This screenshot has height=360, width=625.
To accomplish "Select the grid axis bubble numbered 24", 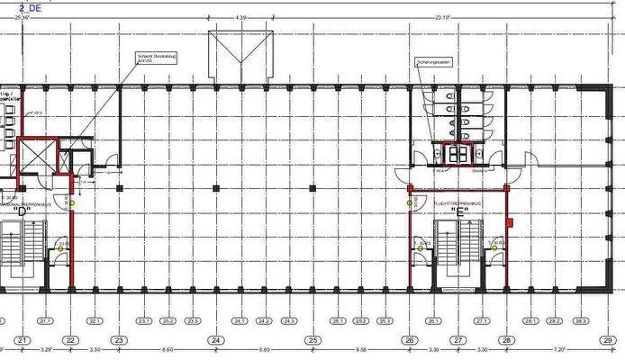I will [x=215, y=340].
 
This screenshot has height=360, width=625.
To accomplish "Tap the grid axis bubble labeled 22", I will [x=70, y=340].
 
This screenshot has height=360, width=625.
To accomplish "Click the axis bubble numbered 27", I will [x=457, y=340].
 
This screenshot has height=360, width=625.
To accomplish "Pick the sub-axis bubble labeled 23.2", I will [x=168, y=320].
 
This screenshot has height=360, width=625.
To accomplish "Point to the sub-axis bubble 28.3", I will [x=580, y=320].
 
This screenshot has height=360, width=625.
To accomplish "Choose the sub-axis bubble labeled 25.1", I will [x=338, y=320].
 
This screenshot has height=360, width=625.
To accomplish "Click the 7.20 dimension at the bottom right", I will [x=557, y=349].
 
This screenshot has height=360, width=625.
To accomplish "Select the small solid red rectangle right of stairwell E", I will [x=510, y=220].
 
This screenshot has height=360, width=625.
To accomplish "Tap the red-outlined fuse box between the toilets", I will [x=458, y=152].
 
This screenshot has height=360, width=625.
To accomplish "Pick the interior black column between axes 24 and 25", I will [x=312, y=188].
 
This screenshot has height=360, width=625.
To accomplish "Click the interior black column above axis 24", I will [x=215, y=188].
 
